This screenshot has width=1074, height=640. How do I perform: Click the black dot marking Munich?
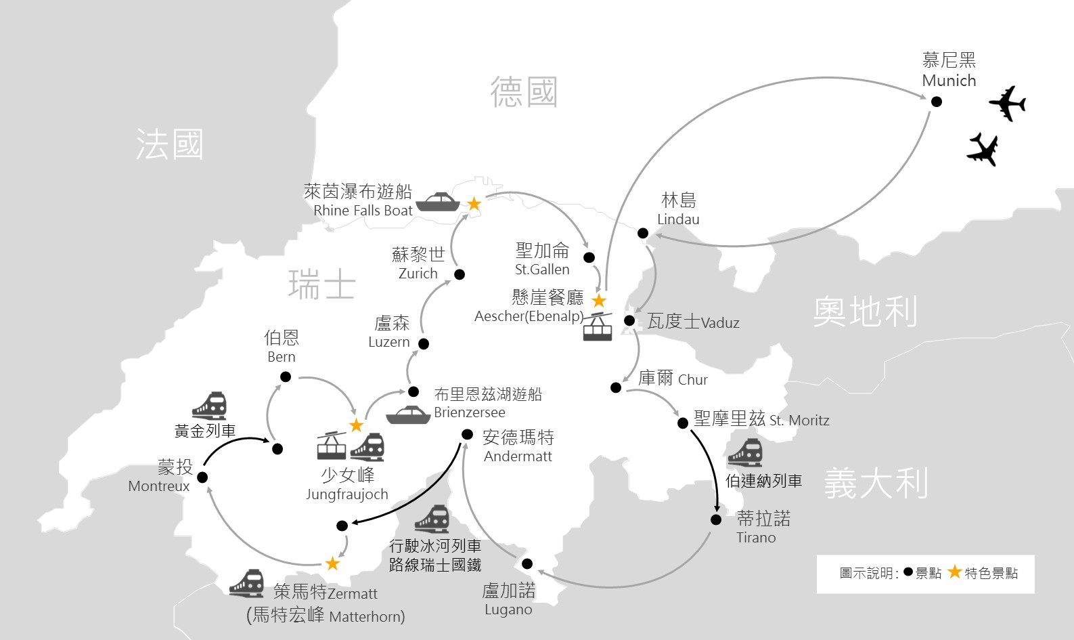937,102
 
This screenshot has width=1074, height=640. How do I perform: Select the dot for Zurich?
460,274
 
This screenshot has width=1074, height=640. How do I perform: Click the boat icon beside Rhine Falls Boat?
438,202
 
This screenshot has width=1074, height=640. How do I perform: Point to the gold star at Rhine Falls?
474,204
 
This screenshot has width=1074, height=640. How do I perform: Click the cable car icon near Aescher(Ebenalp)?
598,326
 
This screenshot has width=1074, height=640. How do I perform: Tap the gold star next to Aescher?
599,301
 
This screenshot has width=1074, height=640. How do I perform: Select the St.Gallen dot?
589,257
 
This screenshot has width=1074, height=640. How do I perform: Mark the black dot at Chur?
616,387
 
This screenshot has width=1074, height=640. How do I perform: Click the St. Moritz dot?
683,423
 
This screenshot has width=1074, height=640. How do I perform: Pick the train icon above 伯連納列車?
745,452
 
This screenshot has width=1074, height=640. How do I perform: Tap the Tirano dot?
716,519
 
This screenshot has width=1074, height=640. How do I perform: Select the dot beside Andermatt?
467,435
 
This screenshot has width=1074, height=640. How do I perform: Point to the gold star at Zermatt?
332,563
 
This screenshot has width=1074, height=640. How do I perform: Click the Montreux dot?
202,477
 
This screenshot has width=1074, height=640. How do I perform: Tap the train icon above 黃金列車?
210,406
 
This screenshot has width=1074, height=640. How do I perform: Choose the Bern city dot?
286,377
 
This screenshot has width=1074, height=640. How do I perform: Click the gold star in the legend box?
955,572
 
